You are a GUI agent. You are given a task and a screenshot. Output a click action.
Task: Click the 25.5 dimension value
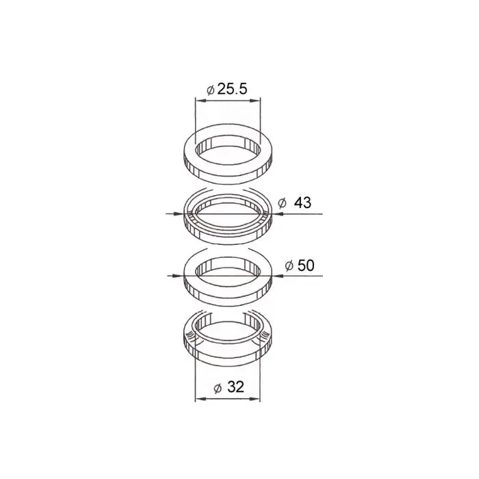tap(233, 89)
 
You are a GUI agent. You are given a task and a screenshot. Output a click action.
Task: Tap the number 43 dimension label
tap(302, 203)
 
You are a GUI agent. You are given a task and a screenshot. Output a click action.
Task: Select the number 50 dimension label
tap(306, 266)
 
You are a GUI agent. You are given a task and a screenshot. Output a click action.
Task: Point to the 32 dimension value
tap(236, 387)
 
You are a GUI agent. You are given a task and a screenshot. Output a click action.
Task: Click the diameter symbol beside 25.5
tap(211, 90)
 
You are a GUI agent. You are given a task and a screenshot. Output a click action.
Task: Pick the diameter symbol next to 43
tap(282, 203)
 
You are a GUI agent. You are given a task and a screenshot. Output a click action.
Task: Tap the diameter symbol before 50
tap(289, 266)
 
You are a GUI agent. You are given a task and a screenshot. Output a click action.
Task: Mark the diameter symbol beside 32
tap(218, 388)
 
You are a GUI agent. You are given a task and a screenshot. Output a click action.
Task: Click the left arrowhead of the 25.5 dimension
tap(200, 101)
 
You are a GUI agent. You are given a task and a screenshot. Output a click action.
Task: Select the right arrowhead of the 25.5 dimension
tap(255, 101)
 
